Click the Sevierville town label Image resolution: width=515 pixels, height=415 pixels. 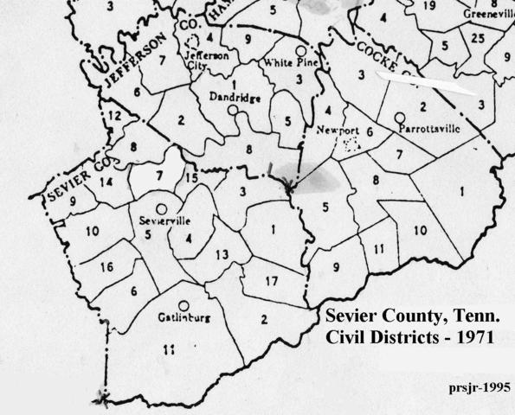[164, 221]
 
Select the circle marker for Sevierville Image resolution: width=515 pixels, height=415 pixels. [162, 208]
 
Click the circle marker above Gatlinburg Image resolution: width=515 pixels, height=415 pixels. [183, 304]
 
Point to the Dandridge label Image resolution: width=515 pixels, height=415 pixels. [233, 99]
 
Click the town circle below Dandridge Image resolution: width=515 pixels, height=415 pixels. [232, 111]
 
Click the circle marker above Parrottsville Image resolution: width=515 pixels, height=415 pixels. [399, 117]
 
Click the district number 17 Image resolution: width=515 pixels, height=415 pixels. [270, 280]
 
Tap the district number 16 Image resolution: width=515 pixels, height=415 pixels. [106, 267]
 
